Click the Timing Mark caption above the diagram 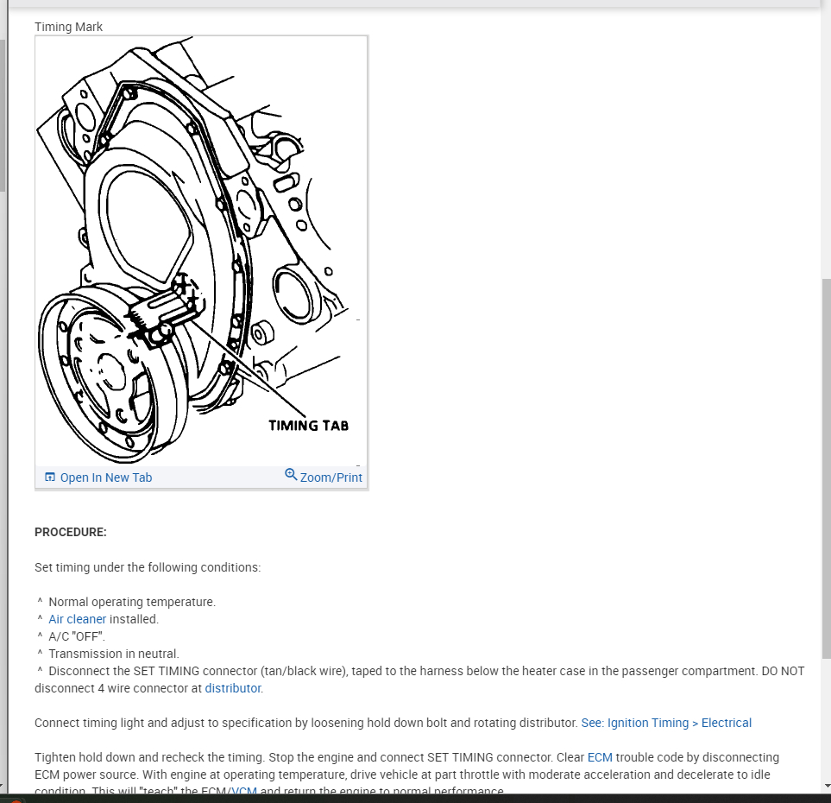point(68,27)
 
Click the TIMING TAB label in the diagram point(308,425)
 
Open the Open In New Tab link point(105,477)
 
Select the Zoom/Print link point(331,477)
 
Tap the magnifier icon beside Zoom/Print point(291,475)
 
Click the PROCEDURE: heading point(71,532)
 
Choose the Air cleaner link point(78,619)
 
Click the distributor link point(233,688)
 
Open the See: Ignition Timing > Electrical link point(666,723)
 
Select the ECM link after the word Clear point(600,757)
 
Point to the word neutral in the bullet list point(158,654)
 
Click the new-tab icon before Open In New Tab point(50,477)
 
